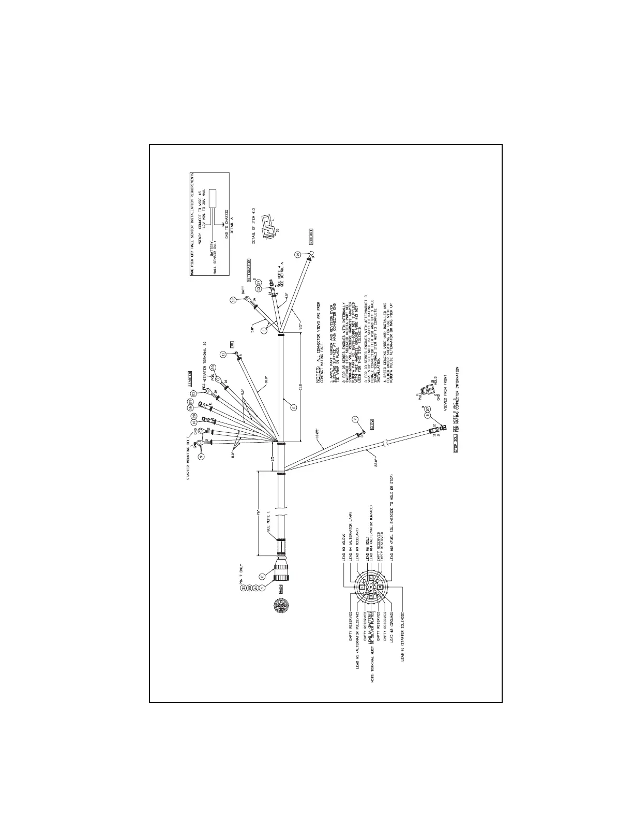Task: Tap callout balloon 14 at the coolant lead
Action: (298, 255)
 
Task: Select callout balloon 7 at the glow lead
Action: (355, 419)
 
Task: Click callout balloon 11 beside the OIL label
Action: (223, 354)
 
